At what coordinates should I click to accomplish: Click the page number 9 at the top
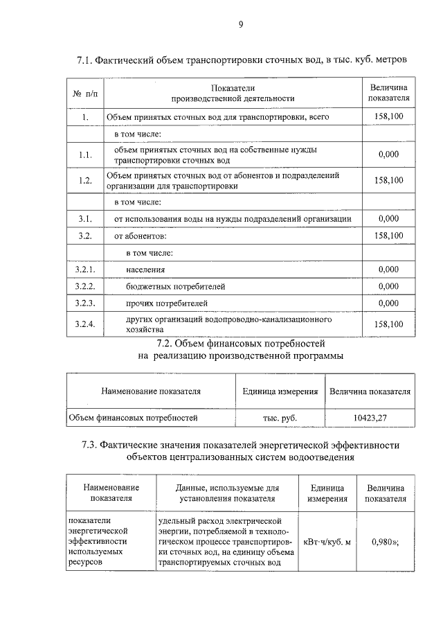click(240, 25)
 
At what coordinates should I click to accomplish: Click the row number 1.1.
click(86, 155)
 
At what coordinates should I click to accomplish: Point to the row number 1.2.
click(86, 180)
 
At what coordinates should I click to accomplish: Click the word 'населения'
click(145, 269)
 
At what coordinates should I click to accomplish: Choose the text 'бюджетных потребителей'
click(176, 286)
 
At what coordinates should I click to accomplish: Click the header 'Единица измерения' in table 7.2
click(280, 391)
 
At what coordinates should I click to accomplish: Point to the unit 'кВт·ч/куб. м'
click(327, 541)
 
